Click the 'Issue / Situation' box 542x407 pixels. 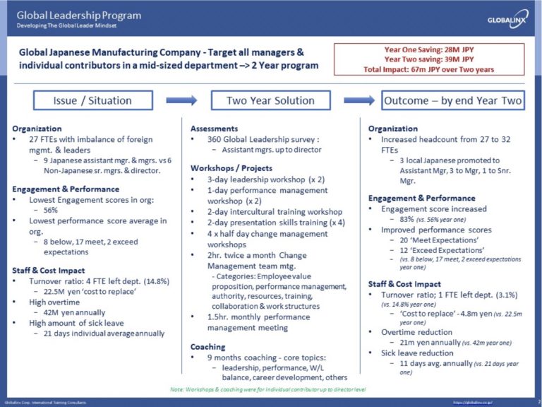tap(92, 100)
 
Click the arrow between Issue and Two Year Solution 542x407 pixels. tap(181, 100)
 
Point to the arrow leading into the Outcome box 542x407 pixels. tap(359, 100)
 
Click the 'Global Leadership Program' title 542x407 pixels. tap(78, 15)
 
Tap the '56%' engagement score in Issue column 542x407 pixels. tap(50, 211)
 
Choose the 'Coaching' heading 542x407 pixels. tap(208, 346)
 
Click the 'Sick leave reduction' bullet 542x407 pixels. tap(417, 353)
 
